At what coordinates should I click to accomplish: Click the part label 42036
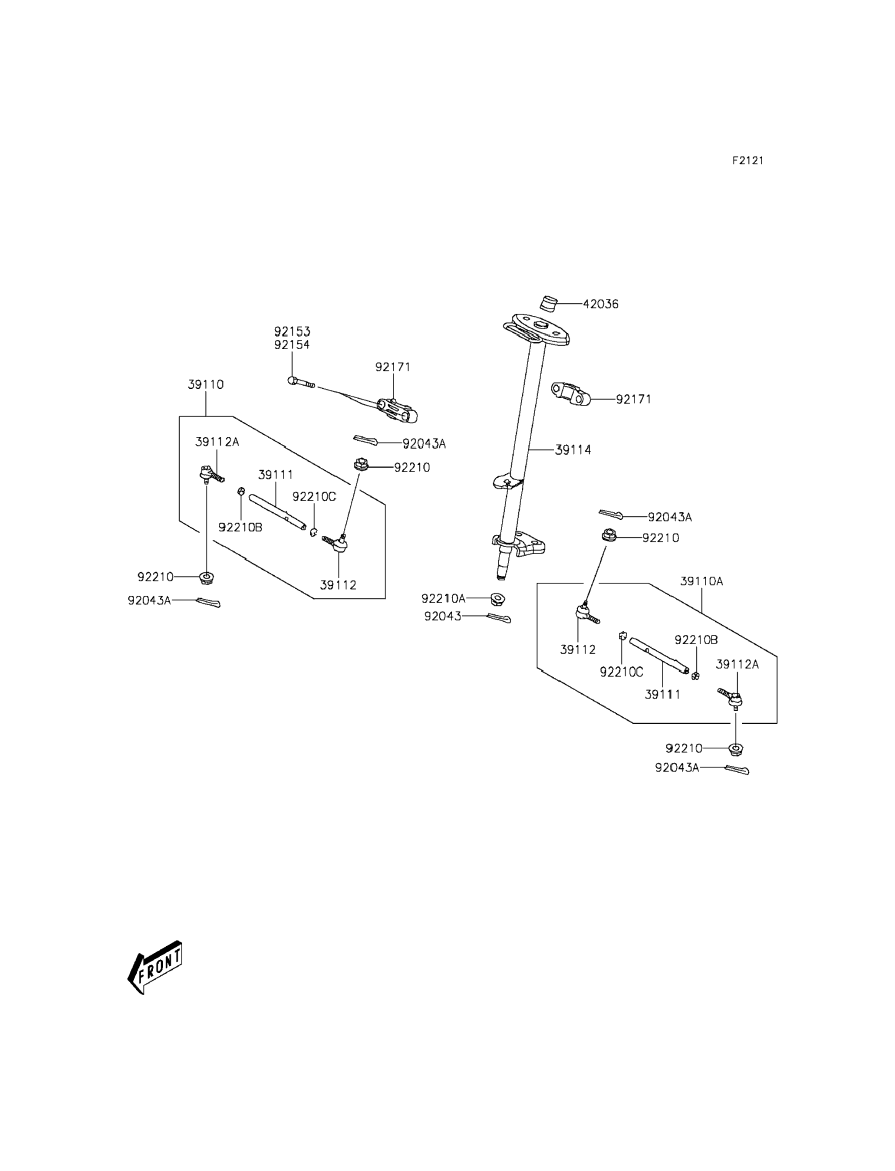pyautogui.click(x=600, y=304)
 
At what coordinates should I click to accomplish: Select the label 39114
pyautogui.click(x=573, y=450)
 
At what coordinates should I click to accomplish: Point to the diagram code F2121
pyautogui.click(x=747, y=160)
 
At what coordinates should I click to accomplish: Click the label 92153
pyautogui.click(x=292, y=331)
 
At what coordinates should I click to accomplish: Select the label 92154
pyautogui.click(x=292, y=344)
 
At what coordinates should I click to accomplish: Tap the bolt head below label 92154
pyautogui.click(x=292, y=381)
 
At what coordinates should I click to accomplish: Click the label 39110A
pyautogui.click(x=701, y=581)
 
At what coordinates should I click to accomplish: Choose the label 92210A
pyautogui.click(x=443, y=599)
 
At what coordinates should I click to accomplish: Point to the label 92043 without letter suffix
pyautogui.click(x=443, y=617)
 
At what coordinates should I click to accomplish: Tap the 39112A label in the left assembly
pyautogui.click(x=217, y=441)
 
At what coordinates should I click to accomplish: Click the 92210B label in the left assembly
pyautogui.click(x=240, y=527)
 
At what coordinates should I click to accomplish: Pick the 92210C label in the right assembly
pyautogui.click(x=622, y=672)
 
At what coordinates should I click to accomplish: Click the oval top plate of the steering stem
pyautogui.click(x=537, y=330)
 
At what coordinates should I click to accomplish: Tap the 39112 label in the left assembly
pyautogui.click(x=338, y=585)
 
